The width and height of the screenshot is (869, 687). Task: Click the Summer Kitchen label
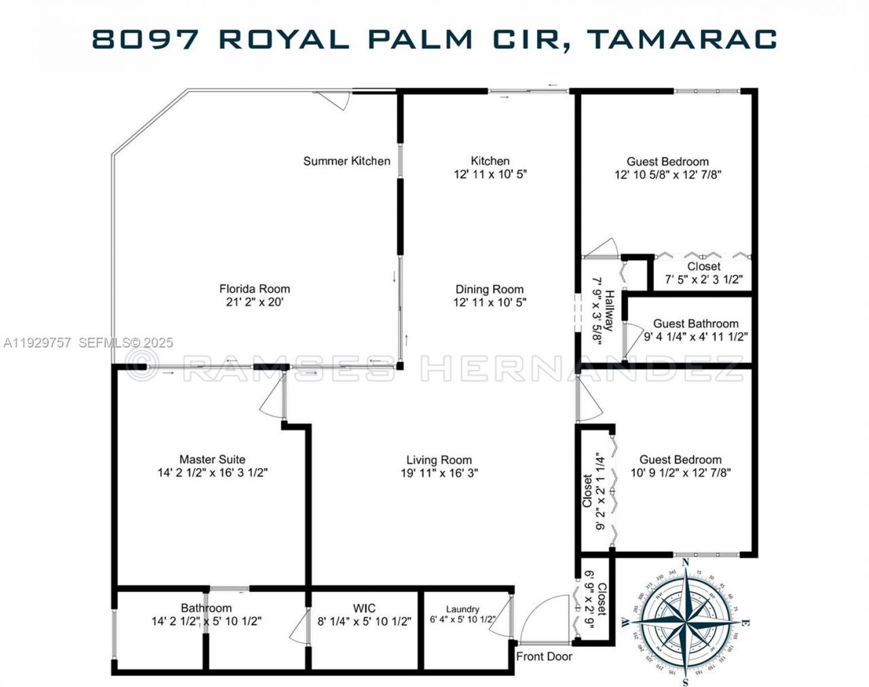pyautogui.click(x=346, y=161)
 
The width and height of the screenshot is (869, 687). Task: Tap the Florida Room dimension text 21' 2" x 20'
pyautogui.click(x=255, y=302)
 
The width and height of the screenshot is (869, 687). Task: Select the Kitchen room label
pyautogui.click(x=490, y=161)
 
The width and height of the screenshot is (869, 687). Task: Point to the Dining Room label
pyautogui.click(x=489, y=289)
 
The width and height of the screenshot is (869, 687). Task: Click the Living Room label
pyautogui.click(x=439, y=460)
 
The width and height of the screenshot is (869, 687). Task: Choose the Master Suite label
pyautogui.click(x=212, y=460)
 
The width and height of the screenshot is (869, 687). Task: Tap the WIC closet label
pyautogui.click(x=364, y=608)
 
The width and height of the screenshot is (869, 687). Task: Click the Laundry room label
pyautogui.click(x=462, y=609)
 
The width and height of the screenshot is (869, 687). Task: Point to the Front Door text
pyautogui.click(x=544, y=656)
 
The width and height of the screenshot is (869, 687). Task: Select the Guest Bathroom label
pyautogui.click(x=696, y=324)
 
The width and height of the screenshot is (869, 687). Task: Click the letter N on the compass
pyautogui.click(x=686, y=562)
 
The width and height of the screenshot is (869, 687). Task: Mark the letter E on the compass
pyautogui.click(x=745, y=623)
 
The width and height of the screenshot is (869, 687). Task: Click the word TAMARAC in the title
pyautogui.click(x=682, y=39)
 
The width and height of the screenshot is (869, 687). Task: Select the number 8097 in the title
pyautogui.click(x=146, y=39)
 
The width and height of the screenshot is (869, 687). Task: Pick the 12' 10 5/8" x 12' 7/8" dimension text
pyautogui.click(x=667, y=174)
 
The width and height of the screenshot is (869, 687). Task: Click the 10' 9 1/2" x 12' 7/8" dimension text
pyautogui.click(x=680, y=472)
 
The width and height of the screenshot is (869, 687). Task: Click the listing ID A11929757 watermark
pyautogui.click(x=37, y=343)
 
